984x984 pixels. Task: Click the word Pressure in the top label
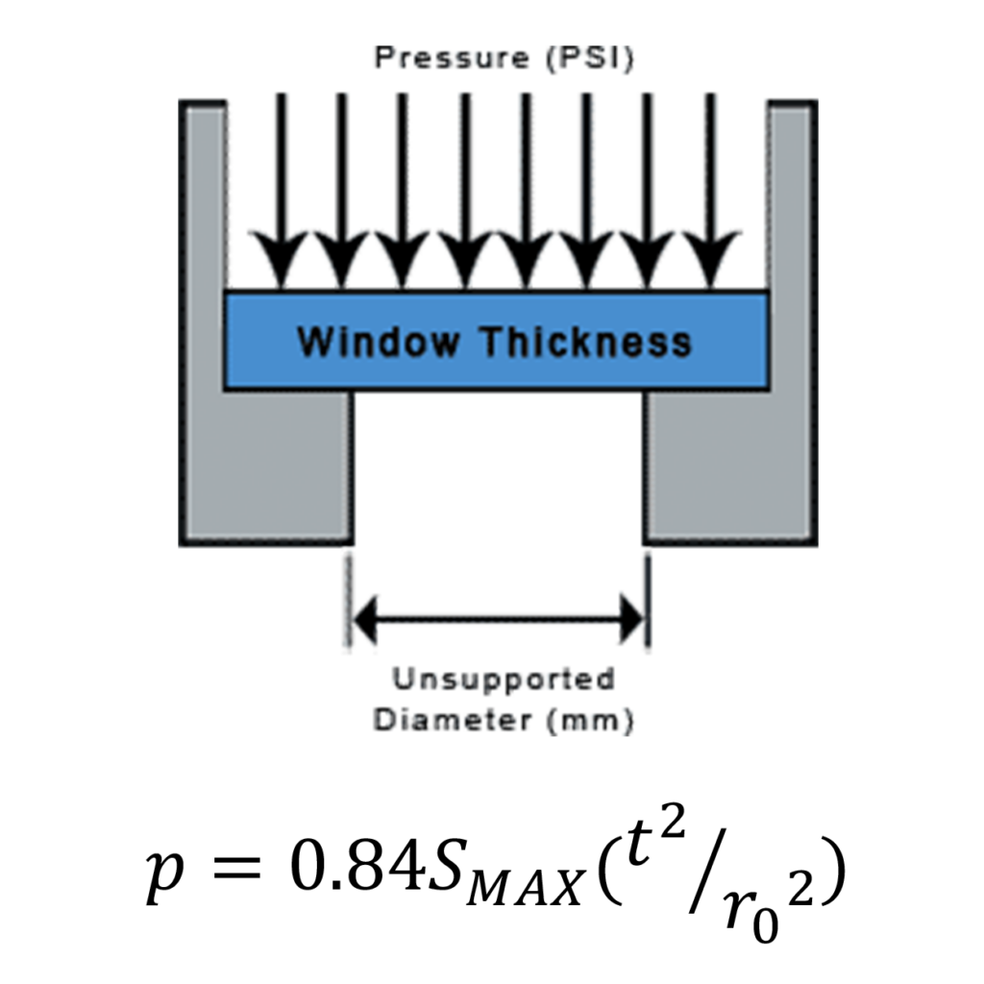pyautogui.click(x=452, y=60)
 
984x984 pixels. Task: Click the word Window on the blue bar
pyautogui.click(x=378, y=341)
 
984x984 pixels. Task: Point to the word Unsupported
pyautogui.click(x=503, y=679)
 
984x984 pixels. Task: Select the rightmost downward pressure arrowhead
pyautogui.click(x=710, y=259)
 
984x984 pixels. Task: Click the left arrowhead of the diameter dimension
pyautogui.click(x=365, y=620)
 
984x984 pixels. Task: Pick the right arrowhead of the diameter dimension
pyautogui.click(x=632, y=620)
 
